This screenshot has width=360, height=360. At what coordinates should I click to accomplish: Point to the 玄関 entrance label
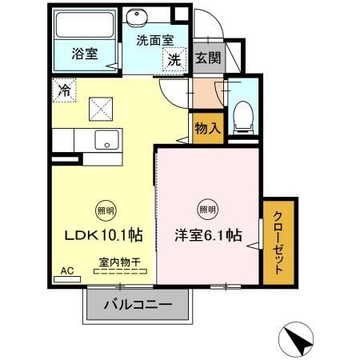pos(206,58)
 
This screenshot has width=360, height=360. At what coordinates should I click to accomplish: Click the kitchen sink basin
pos(106,140)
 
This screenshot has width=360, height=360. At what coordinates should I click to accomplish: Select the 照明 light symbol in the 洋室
pos(207,210)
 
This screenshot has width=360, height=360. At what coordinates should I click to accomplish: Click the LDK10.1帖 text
pos(104,235)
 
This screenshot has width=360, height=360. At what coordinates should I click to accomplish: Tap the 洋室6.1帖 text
pos(208,235)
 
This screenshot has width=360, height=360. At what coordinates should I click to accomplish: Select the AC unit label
pos(67,271)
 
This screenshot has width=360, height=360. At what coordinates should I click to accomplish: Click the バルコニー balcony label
pos(138,305)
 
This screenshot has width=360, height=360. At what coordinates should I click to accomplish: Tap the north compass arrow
pos(302,342)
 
